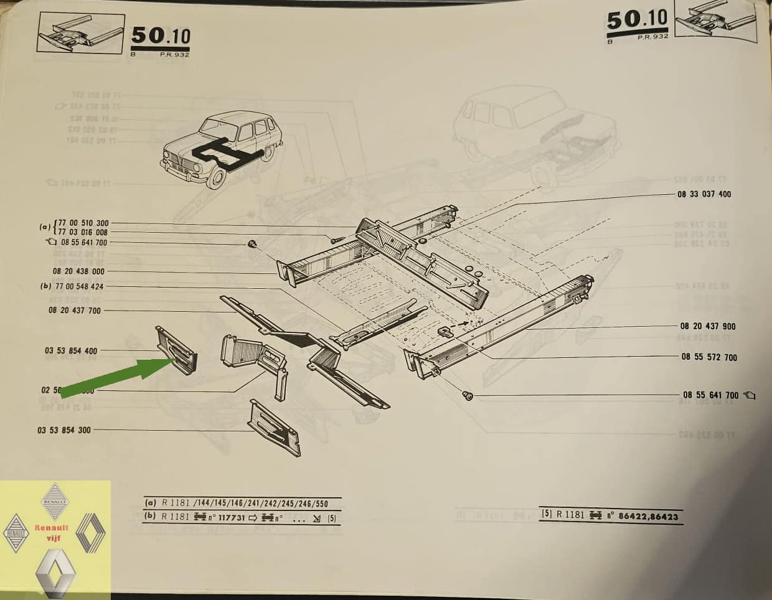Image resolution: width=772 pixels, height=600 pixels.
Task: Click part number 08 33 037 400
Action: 704,194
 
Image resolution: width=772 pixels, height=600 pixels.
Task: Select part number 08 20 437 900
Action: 707,326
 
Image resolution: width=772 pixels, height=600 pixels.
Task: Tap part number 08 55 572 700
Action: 709,357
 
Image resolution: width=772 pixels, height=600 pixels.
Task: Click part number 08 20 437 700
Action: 74,311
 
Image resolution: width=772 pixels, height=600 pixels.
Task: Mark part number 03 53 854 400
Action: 71,351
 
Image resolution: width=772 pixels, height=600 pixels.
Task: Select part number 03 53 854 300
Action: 64,430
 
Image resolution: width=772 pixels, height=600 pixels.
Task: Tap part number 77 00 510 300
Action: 83,223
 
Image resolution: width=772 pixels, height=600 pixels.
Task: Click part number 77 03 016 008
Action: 83,232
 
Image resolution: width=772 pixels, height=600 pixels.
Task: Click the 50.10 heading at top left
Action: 160,37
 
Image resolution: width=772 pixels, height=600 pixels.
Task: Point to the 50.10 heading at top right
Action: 637,20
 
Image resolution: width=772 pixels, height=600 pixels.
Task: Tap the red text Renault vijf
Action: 52,532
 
